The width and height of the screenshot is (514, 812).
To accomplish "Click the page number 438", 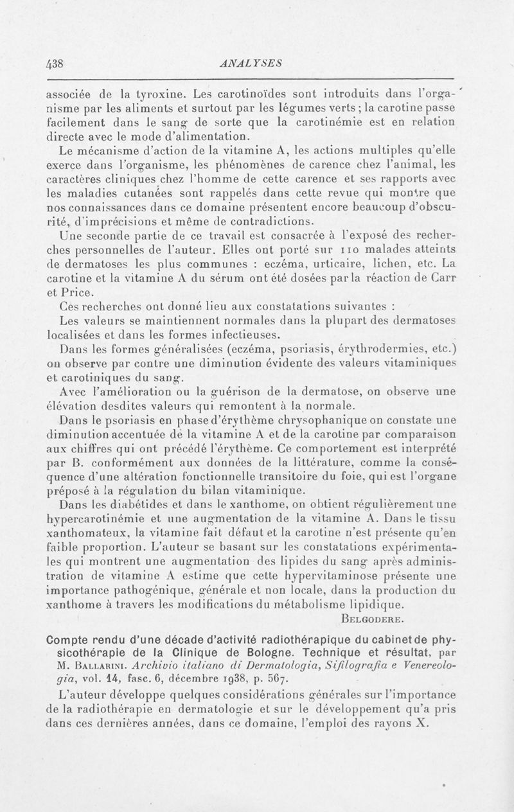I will (x=60, y=63).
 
